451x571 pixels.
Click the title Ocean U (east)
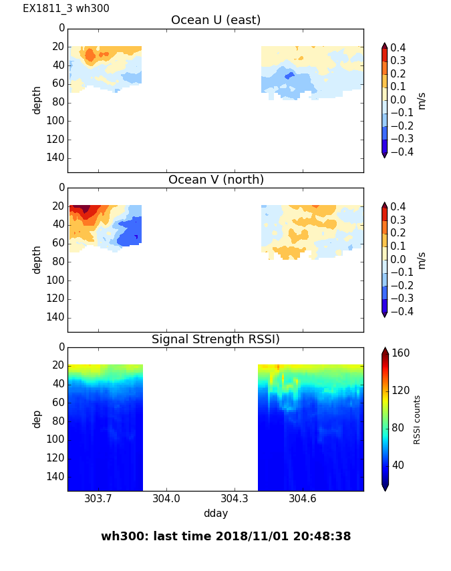[216, 20]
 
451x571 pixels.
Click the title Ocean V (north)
[216, 180]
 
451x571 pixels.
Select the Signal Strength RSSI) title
[216, 339]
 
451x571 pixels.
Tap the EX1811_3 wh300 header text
[66, 9]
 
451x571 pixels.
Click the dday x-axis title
[216, 514]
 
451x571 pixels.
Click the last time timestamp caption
[226, 536]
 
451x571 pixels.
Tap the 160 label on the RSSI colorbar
[401, 353]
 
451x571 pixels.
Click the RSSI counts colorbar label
[418, 419]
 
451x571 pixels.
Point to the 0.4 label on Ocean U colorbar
[403, 47]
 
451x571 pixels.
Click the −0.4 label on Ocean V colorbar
[401, 311]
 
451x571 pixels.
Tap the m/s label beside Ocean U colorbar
[421, 100]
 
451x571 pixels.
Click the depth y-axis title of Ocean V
[37, 259]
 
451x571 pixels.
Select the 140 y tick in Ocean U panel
[57, 158]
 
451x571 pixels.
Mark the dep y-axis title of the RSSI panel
[37, 419]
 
